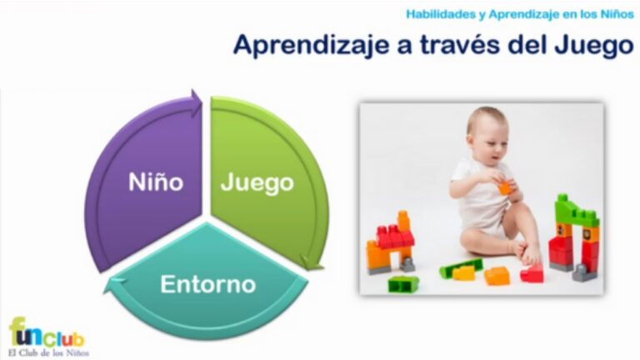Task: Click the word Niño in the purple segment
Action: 156,182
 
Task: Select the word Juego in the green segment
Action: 257,182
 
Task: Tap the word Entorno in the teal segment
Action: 207,285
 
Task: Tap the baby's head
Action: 487,133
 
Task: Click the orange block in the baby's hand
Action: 504,187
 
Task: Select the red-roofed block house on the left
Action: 392,245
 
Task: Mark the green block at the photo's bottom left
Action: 403,283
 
